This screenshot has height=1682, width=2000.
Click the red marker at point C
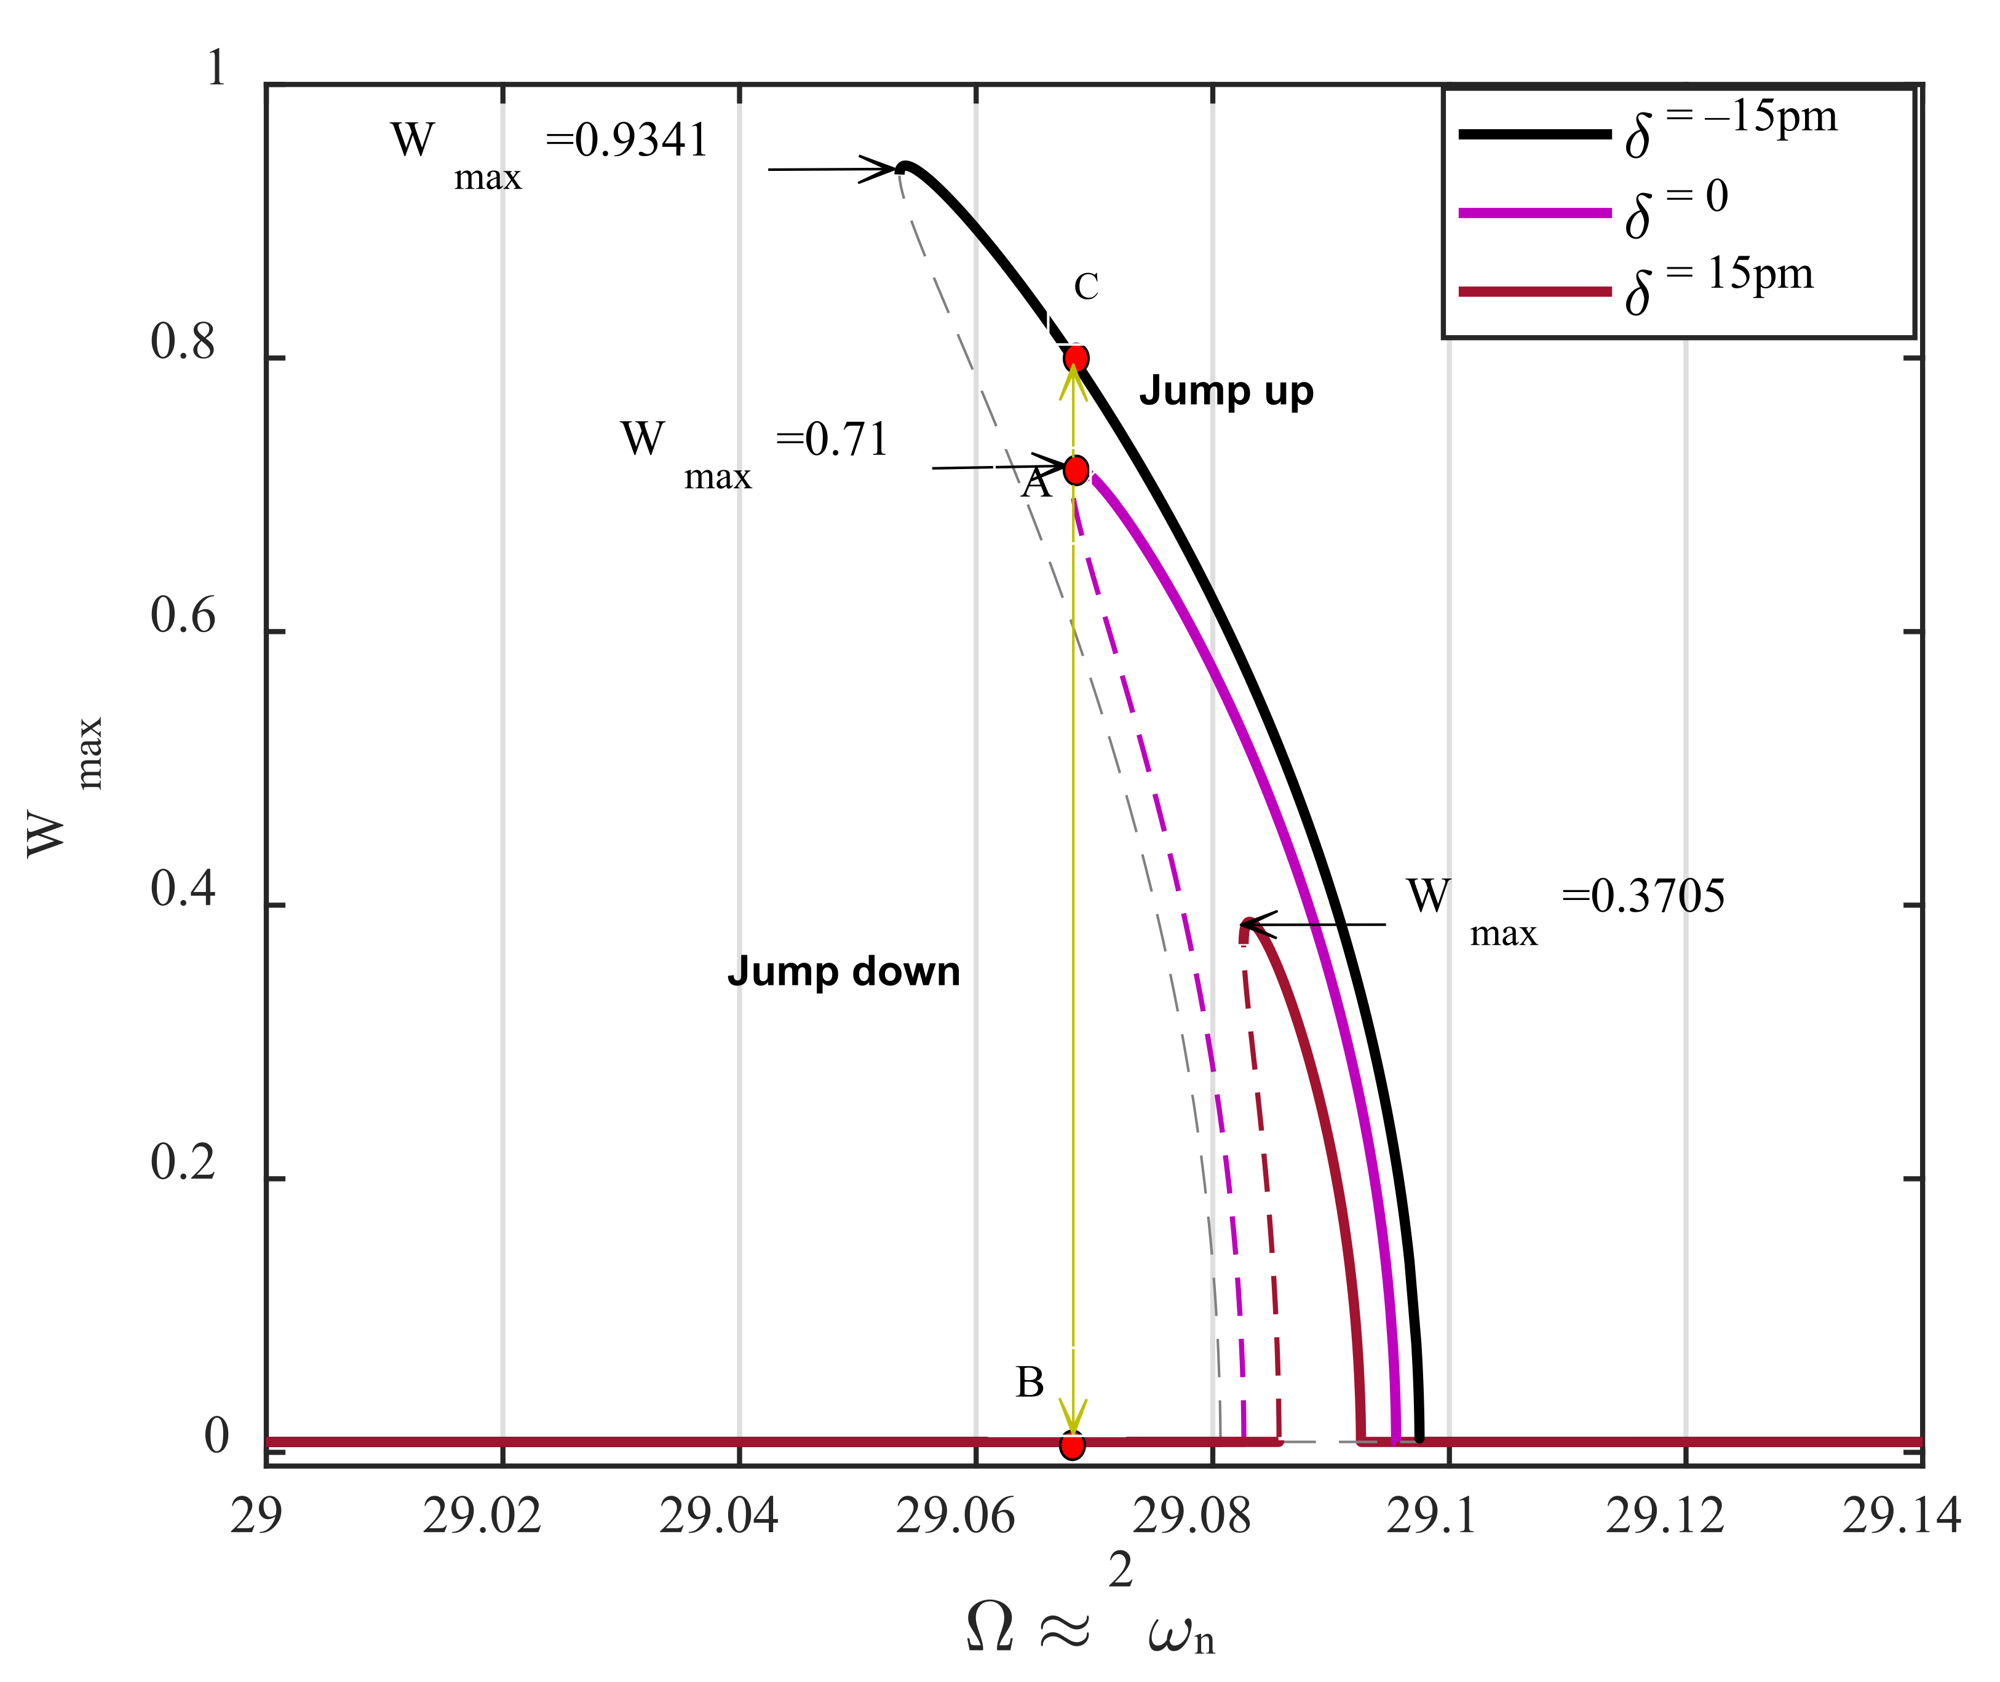1076,358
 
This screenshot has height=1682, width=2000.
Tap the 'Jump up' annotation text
1226,391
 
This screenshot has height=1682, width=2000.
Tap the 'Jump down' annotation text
843,971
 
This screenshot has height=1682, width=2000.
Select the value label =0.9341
627,141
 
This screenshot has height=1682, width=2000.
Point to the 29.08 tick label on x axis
1192,1516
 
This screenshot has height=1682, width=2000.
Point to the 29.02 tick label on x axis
482,1516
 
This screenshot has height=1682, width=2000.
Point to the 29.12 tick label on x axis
1665,1516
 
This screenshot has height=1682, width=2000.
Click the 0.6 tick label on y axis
183,617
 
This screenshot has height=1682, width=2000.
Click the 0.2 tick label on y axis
183,1163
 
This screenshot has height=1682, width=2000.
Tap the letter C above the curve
1086,286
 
